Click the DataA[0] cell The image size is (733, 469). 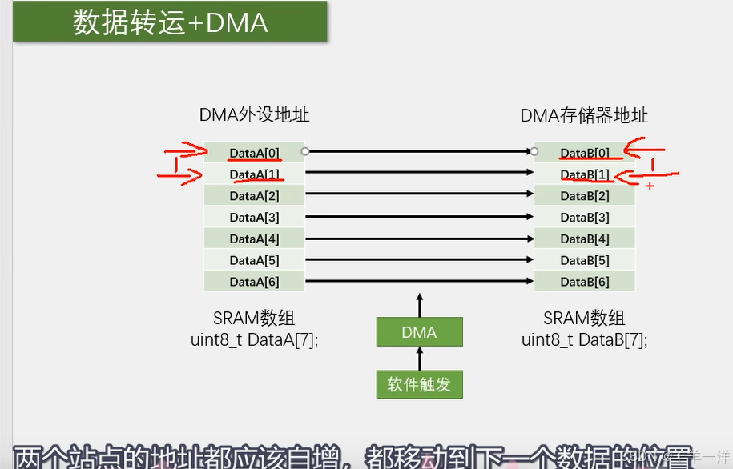pyautogui.click(x=254, y=152)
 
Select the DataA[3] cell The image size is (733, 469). pyautogui.click(x=254, y=217)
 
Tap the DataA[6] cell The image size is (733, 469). pyautogui.click(x=254, y=282)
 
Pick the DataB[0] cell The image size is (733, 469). pyautogui.click(x=585, y=152)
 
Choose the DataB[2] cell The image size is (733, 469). pyautogui.click(x=585, y=196)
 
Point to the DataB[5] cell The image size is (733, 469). pyautogui.click(x=585, y=260)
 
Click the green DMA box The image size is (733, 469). pyautogui.click(x=419, y=332)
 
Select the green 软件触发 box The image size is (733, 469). pyautogui.click(x=419, y=384)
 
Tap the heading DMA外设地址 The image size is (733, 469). pyautogui.click(x=254, y=115)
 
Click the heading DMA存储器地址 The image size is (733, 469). pyautogui.click(x=584, y=116)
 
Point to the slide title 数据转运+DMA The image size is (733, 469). pyautogui.click(x=170, y=22)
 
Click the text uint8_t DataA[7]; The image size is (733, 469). pyautogui.click(x=254, y=339)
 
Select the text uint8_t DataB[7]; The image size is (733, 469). pyautogui.click(x=584, y=339)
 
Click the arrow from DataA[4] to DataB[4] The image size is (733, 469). pyautogui.click(x=419, y=238)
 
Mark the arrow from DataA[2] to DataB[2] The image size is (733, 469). pyautogui.click(x=419, y=194)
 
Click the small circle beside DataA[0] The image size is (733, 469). pyautogui.click(x=304, y=150)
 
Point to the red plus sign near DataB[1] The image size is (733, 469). pyautogui.click(x=649, y=186)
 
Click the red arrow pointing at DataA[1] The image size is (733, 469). pyautogui.click(x=179, y=174)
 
